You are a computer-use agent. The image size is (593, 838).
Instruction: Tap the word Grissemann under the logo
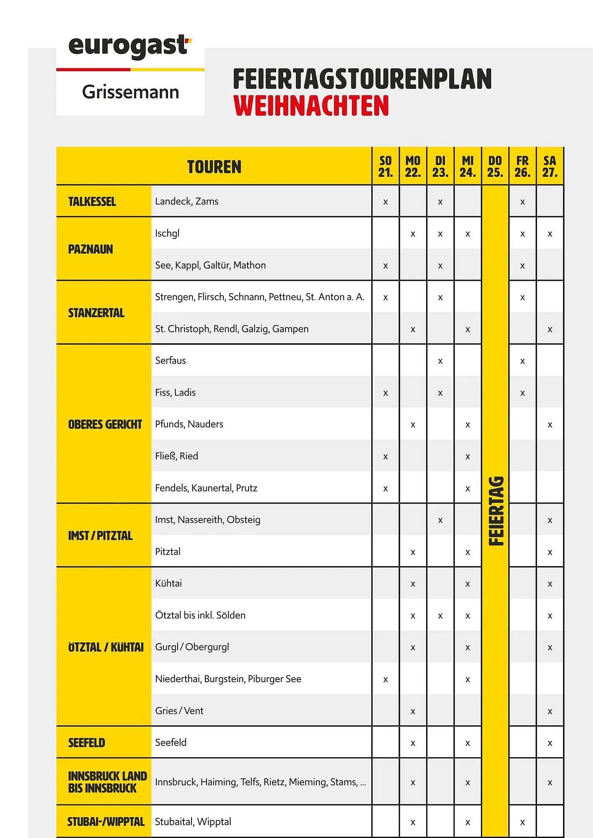[130, 92]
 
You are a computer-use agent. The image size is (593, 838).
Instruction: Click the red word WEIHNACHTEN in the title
[311, 106]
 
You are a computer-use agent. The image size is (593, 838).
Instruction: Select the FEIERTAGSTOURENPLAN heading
[362, 79]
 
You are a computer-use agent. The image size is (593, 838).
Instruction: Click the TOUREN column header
[214, 167]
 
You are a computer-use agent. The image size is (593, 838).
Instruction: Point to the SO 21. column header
[386, 167]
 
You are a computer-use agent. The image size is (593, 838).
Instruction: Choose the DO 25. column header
[495, 167]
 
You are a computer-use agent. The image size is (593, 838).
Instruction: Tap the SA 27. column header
[549, 167]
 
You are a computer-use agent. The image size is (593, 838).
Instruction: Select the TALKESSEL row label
[92, 202]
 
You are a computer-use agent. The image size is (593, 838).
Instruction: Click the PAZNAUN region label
[91, 249]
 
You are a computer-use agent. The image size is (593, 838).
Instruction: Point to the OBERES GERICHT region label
[105, 424]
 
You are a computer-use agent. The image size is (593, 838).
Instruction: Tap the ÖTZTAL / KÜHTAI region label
[106, 647]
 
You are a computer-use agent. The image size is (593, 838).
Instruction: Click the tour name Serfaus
[171, 360]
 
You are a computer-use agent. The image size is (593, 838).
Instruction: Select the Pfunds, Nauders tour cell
[189, 424]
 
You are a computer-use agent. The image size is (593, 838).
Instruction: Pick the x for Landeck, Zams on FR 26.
[522, 202]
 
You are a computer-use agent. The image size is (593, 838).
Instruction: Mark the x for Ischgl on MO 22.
[413, 234]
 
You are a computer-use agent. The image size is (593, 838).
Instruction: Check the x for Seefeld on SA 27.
[550, 743]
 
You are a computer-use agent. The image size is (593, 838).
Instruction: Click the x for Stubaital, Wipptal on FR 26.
[522, 822]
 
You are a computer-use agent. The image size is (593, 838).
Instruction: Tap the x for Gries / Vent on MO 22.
[413, 711]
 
